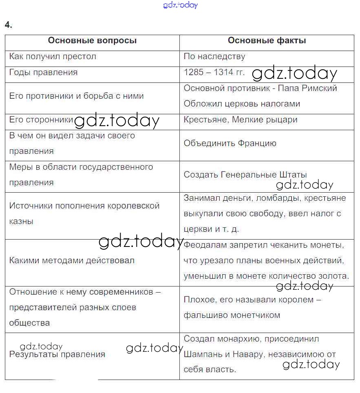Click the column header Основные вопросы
[92, 41]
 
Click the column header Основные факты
[267, 41]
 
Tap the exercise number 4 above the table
[9, 25]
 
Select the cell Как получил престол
[53, 57]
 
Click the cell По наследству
[214, 57]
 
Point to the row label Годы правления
[43, 73]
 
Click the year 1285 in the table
[193, 73]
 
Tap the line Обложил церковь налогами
[242, 104]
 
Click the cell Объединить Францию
[230, 143]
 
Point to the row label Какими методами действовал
[72, 261]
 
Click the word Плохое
[199, 300]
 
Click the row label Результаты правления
[57, 355]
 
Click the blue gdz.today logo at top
[180, 5]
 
